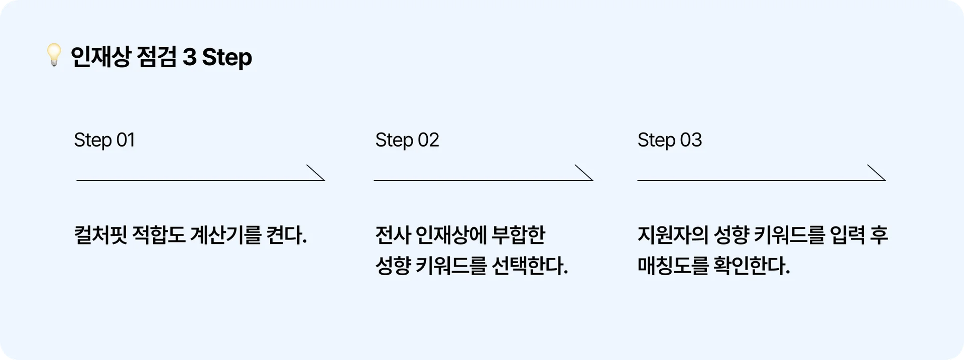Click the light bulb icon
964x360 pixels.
point(54,55)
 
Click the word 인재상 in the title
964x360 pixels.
point(100,57)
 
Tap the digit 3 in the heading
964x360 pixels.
point(189,57)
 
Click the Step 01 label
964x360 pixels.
point(104,140)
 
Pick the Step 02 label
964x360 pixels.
point(407,140)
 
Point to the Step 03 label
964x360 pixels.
point(669,140)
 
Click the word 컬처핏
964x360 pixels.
point(100,235)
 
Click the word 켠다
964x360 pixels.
point(287,235)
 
